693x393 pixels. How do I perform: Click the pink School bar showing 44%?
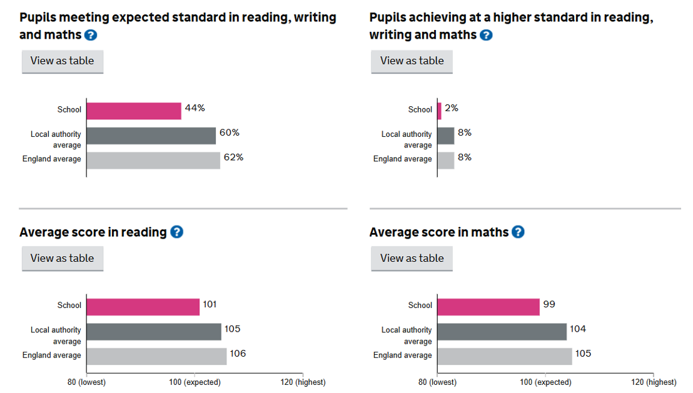tap(134, 111)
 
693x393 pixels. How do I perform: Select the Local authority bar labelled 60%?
tap(151, 136)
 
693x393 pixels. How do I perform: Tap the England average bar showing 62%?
tap(153, 161)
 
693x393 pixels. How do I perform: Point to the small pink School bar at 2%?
tap(439, 111)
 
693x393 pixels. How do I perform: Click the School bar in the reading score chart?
tap(143, 307)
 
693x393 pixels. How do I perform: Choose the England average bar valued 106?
tap(156, 356)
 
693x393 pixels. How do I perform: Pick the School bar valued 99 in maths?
tap(488, 307)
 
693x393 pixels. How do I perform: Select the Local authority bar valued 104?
tap(502, 332)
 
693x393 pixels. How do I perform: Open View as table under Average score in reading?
tap(62, 258)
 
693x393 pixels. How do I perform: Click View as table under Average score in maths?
tap(412, 258)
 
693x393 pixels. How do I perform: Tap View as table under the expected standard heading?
tap(62, 61)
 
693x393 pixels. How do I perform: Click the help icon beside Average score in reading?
tap(177, 232)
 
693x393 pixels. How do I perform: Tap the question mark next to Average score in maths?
tap(518, 232)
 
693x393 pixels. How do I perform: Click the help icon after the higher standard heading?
tap(486, 35)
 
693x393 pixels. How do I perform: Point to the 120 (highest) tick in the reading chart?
tap(302, 382)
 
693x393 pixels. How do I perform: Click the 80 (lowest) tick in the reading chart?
tap(86, 382)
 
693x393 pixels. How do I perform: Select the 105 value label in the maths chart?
tap(583, 354)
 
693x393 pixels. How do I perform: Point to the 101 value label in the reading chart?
tap(210, 304)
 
